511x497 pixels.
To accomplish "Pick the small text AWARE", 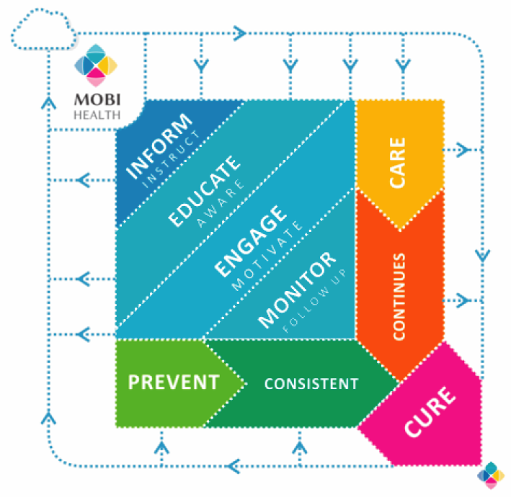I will (218, 197).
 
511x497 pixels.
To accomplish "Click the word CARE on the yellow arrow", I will (398, 163).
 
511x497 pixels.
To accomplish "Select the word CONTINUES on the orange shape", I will (400, 295).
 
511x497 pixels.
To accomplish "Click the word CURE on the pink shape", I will (430, 411).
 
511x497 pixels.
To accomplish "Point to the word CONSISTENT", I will (311, 383).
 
